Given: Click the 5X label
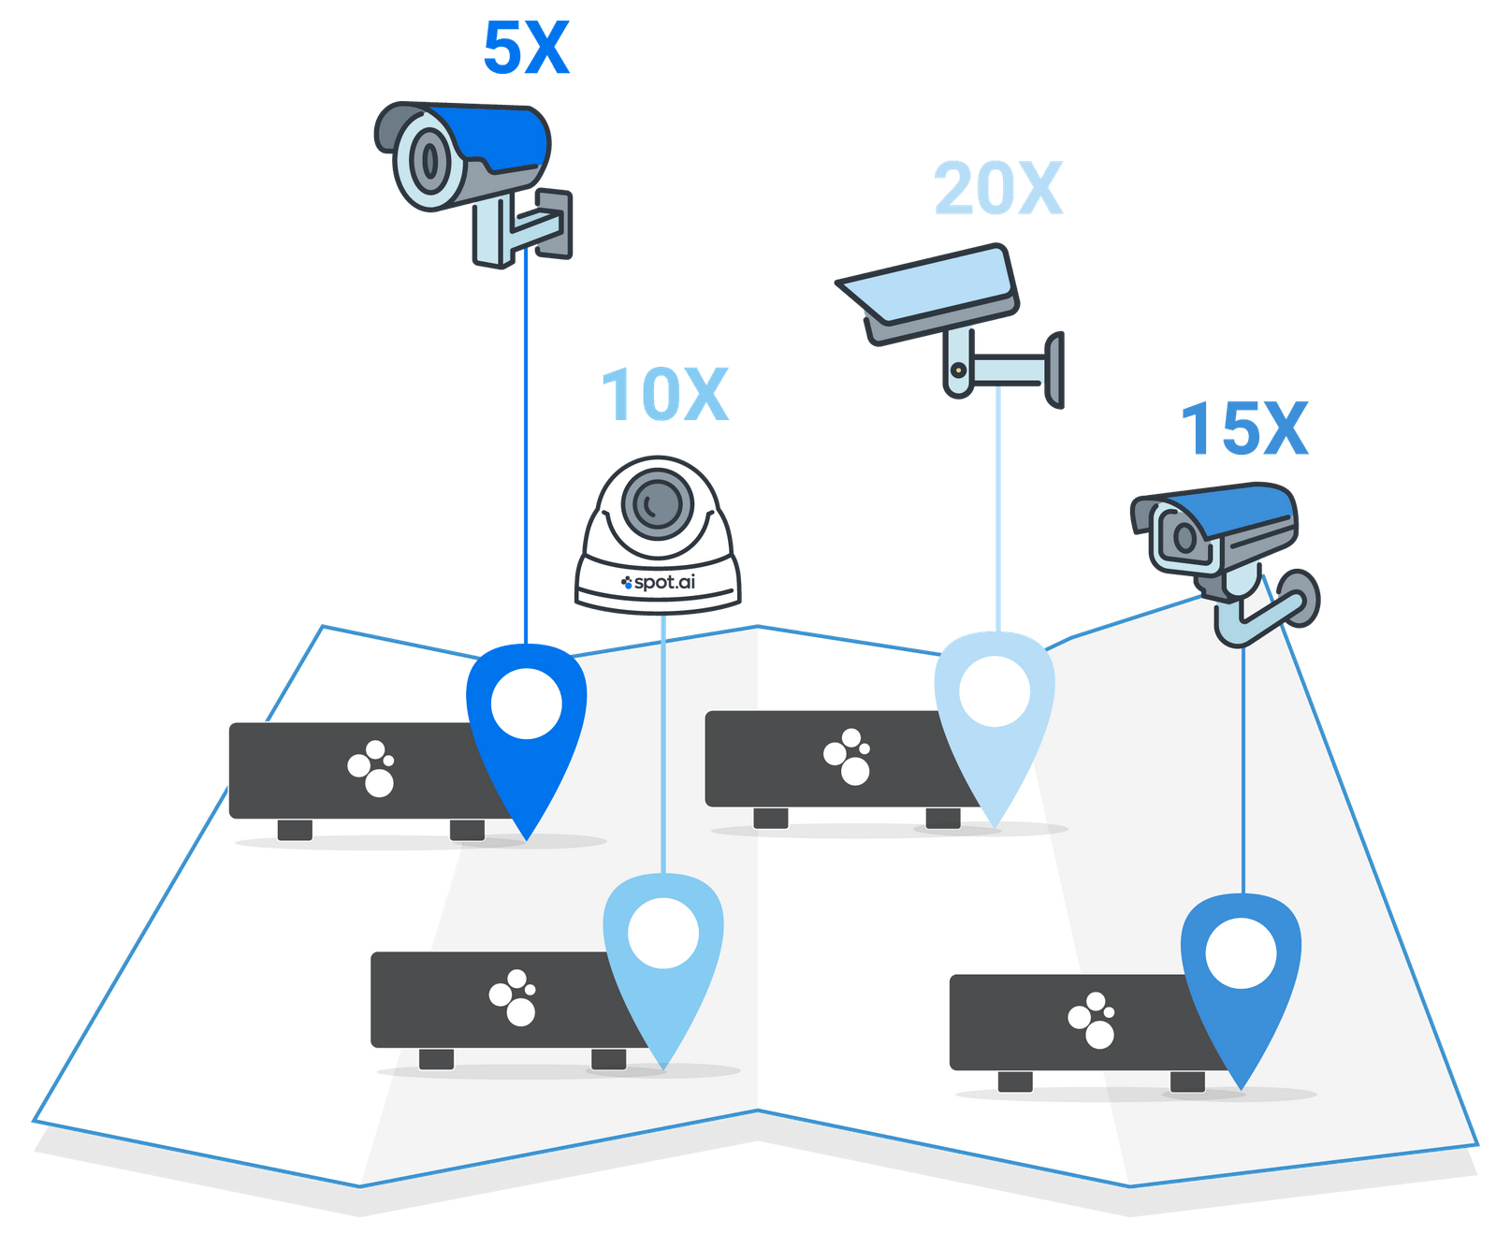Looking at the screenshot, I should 526,48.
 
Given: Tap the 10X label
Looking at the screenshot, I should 663,394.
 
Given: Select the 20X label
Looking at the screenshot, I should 998,189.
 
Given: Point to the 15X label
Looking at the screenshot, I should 1243,429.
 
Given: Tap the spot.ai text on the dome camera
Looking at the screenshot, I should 660,582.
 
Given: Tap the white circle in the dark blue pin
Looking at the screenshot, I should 527,704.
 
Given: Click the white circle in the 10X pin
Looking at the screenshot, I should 662,933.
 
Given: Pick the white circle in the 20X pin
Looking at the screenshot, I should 995,691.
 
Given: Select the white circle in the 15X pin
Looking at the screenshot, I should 1241,953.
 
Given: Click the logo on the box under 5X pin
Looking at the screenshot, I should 372,768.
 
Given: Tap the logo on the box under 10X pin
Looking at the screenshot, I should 514,997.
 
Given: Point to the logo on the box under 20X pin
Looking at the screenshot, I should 848,756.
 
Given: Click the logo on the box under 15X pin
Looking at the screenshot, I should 1092,1020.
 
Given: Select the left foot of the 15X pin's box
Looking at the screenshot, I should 1015,1082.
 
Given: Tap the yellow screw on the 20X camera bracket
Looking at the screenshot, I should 958,370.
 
